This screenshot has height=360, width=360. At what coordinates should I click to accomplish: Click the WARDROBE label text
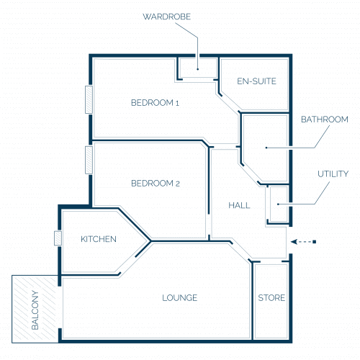pos(167,17)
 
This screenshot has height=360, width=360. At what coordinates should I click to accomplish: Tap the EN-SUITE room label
pos(256,81)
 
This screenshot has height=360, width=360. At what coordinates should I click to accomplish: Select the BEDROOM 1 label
pos(155,103)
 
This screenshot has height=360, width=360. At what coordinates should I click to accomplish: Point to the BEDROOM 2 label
pos(156,184)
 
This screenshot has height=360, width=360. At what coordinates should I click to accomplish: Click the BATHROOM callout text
pos(325,120)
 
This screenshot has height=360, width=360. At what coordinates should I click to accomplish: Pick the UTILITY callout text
pos(333,174)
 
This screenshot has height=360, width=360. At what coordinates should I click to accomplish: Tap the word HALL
pos(239,205)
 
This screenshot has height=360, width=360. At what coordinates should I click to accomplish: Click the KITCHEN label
pos(99,239)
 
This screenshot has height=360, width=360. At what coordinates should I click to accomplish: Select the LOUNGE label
pos(179,298)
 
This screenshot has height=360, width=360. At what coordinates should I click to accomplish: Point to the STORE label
pos(271,298)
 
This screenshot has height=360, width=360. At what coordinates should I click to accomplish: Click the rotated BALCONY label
pos(35,310)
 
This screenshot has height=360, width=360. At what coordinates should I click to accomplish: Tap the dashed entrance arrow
pos(303,242)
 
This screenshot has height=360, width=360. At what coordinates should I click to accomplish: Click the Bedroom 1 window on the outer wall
pos(89,99)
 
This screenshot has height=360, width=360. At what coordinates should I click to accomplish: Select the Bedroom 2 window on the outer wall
pos(89,160)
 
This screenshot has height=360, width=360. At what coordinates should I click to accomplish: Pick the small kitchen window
pos(58,238)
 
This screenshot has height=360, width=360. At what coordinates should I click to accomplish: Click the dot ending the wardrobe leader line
pos(198,69)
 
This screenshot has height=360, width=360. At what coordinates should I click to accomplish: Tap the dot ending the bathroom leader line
pos(266,148)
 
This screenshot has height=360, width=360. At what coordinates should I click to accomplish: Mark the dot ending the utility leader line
pos(278,204)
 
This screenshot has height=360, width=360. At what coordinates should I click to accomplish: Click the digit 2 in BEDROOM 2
pos(178,184)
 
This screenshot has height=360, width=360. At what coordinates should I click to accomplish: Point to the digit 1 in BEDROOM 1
pos(177,104)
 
